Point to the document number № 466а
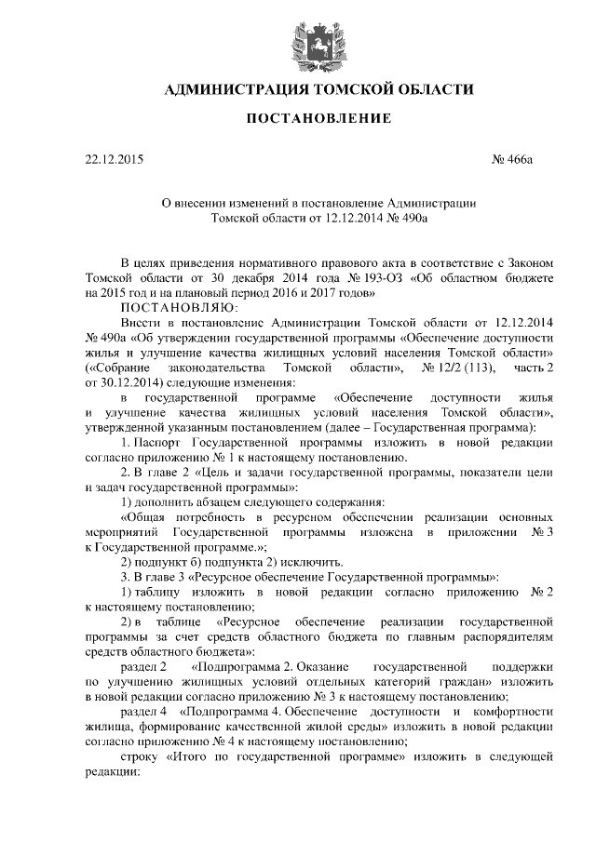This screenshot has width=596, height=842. (511, 160)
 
